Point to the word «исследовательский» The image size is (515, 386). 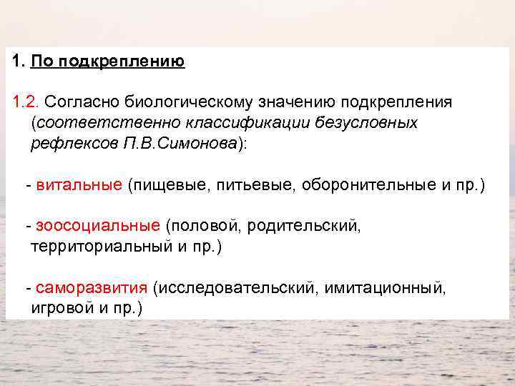coord(237,288)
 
